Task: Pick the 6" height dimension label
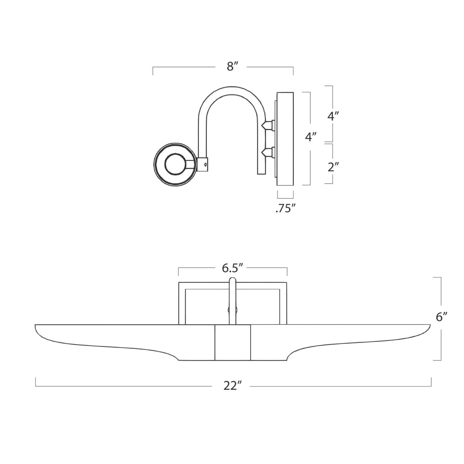(x=441, y=317)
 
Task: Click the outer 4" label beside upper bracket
(x=333, y=117)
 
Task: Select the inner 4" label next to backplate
(x=310, y=137)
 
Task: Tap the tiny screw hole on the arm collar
(x=205, y=164)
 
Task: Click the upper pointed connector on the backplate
(x=267, y=126)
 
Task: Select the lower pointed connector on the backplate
(x=267, y=153)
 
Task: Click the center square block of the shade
(x=233, y=342)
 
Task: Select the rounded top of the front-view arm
(x=232, y=279)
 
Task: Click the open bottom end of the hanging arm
(x=261, y=173)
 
